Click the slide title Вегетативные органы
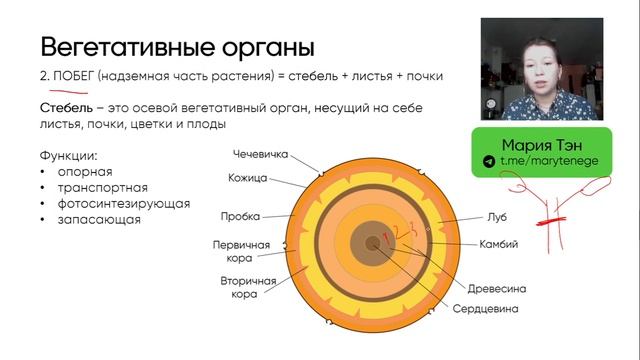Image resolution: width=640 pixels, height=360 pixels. point(177,46)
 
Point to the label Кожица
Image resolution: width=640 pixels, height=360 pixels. point(246,179)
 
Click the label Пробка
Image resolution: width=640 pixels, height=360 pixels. point(240,216)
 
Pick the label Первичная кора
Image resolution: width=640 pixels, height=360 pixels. point(239,250)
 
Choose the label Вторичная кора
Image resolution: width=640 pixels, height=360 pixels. point(247,288)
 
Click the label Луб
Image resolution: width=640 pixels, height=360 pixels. point(497,216)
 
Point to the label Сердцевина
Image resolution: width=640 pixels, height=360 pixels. point(485,309)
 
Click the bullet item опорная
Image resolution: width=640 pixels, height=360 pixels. point(85,172)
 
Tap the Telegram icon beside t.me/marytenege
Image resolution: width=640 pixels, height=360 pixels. point(489,161)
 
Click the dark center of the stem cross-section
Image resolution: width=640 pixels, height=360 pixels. point(373,242)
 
